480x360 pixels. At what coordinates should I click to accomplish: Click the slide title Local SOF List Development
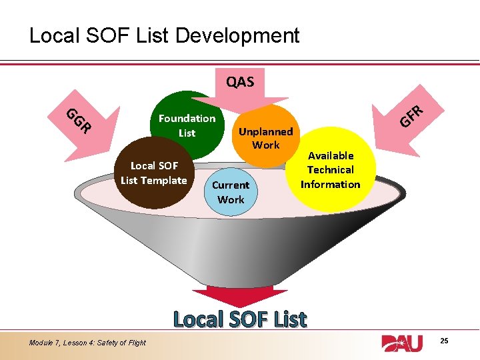pyautogui.click(x=164, y=35)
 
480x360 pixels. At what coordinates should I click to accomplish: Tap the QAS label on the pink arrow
pyautogui.click(x=240, y=82)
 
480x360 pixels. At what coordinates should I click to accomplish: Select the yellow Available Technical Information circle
pyautogui.click(x=330, y=170)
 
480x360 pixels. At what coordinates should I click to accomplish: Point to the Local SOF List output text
pyautogui.click(x=240, y=319)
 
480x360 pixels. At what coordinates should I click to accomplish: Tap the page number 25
pyautogui.click(x=444, y=341)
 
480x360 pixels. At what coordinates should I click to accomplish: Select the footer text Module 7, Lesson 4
pyautogui.click(x=87, y=343)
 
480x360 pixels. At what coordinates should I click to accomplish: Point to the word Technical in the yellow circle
pyautogui.click(x=330, y=170)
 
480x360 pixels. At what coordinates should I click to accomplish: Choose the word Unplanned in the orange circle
pyautogui.click(x=265, y=131)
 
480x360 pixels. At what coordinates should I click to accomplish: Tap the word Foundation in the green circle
pyautogui.click(x=187, y=118)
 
